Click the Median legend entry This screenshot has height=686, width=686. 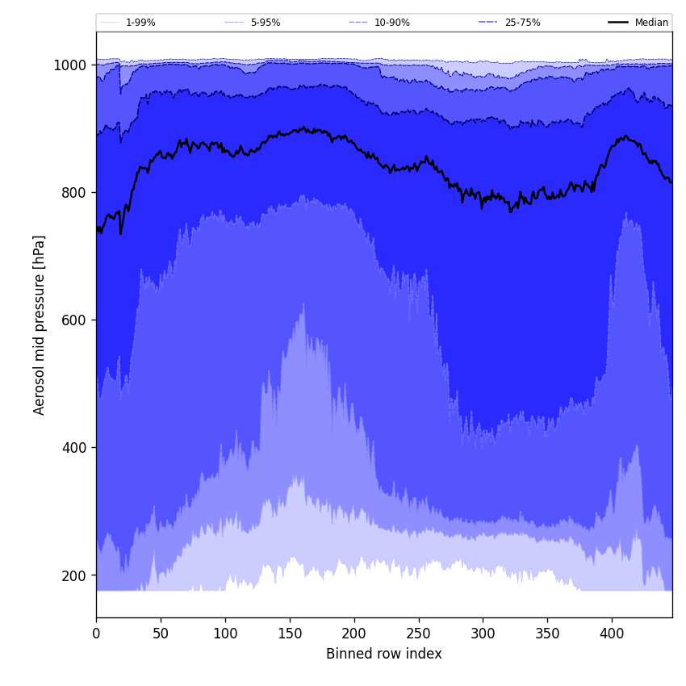[x=651, y=23]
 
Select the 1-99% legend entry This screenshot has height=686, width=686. [x=140, y=23]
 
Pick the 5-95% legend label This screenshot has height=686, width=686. [x=266, y=23]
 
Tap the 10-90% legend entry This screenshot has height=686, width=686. [x=391, y=23]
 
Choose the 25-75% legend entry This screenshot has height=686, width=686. [x=522, y=23]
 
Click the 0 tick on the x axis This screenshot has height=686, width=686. [x=96, y=634]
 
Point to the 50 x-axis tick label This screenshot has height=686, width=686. [x=161, y=634]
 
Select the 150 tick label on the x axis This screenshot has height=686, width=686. [x=290, y=634]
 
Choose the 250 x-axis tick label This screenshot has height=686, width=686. [x=418, y=634]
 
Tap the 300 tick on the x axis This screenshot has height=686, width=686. [x=483, y=634]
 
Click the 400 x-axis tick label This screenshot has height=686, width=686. [x=612, y=634]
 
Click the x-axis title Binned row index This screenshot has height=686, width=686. [x=384, y=654]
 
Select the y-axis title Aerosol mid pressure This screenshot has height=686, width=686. [x=40, y=324]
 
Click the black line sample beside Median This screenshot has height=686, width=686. [x=618, y=23]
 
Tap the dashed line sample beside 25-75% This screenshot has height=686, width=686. [x=488, y=23]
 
